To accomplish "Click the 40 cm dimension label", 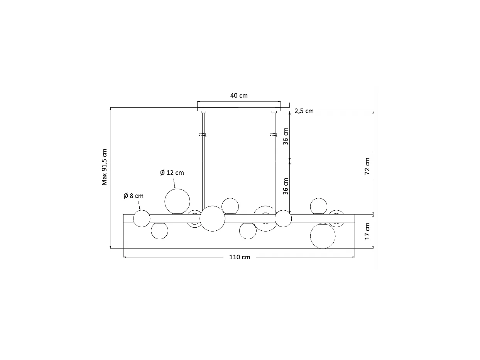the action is [x=239, y=96].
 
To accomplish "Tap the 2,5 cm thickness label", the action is [x=304, y=111].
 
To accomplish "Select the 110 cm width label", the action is [x=240, y=257].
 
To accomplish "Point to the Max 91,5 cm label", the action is [x=104, y=167].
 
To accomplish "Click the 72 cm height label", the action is [x=367, y=166].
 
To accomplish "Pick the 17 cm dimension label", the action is [x=367, y=232].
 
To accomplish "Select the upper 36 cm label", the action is [x=286, y=136].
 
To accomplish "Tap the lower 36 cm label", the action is [x=286, y=186].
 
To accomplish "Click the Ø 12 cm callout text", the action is [x=172, y=173].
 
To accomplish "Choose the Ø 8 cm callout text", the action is [x=134, y=196].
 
